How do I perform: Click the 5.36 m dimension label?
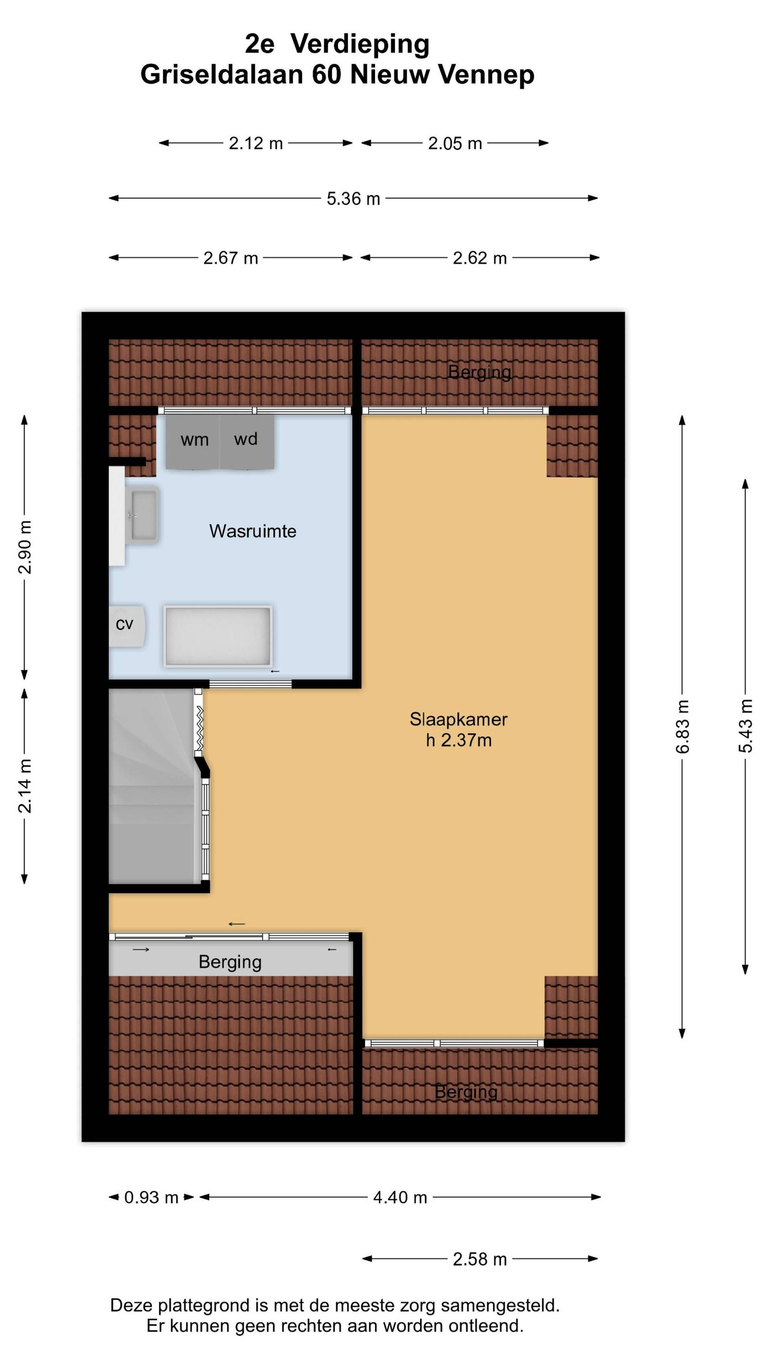[x=353, y=198]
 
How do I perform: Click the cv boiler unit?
[x=126, y=626]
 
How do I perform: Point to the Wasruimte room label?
[x=253, y=531]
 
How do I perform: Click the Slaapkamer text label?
[x=458, y=719]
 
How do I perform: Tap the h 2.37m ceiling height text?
[x=459, y=740]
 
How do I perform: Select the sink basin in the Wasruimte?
[x=144, y=515]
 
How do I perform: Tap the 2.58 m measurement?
[x=480, y=1259]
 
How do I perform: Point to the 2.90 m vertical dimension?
[x=25, y=547]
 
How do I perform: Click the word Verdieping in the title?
[x=360, y=44]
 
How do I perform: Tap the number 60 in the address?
[x=326, y=74]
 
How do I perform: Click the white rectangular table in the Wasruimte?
[x=218, y=636]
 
